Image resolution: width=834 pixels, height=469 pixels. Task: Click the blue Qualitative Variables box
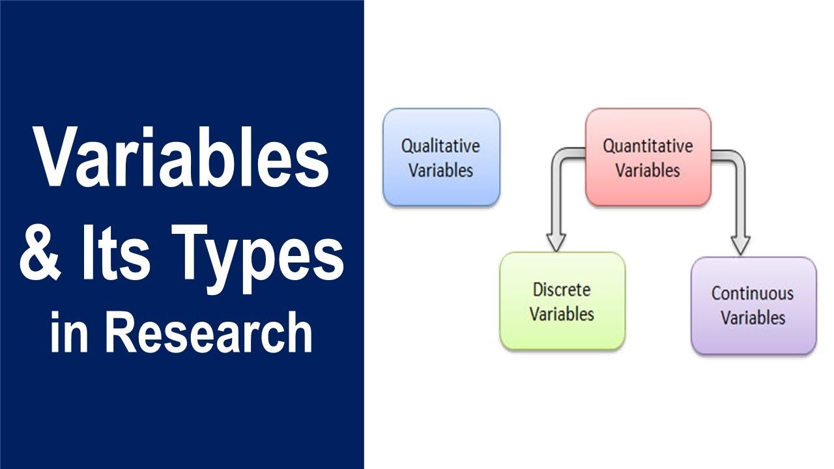point(441,157)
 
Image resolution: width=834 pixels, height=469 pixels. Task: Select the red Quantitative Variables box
point(648,157)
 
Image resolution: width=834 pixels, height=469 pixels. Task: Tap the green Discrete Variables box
point(562,301)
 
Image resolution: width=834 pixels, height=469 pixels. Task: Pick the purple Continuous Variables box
point(753,306)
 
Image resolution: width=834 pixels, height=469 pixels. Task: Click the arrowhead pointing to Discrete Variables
point(555,242)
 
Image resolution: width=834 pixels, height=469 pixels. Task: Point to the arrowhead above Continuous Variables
point(740,246)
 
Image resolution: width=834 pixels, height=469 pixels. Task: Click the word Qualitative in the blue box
point(440,145)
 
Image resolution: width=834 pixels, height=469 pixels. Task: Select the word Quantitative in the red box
point(648,145)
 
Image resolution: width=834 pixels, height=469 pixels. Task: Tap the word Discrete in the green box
point(562,289)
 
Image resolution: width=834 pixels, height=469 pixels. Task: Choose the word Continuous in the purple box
point(753,293)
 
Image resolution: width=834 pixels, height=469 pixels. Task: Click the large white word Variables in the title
point(182,160)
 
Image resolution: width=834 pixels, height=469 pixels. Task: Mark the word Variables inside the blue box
point(441,170)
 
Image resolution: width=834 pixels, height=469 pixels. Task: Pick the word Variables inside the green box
point(562,314)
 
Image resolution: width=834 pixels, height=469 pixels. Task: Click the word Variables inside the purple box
point(753,319)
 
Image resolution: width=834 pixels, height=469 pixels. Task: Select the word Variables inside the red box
point(648,170)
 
